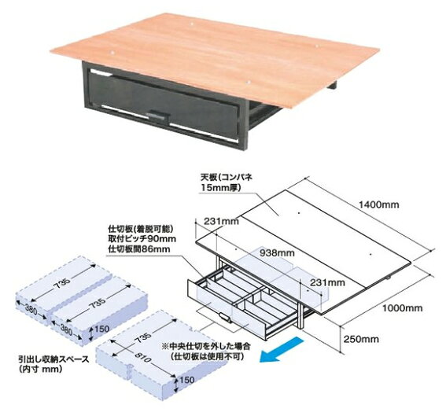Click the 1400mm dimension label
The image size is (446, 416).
click(378, 204)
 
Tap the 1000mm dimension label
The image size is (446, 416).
click(402, 308)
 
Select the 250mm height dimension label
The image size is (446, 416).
click(361, 339)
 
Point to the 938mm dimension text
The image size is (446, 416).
click(277, 252)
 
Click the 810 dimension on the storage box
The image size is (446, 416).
click(142, 357)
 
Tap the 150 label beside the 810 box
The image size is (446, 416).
click(187, 380)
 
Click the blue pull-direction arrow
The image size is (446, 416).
click(281, 350)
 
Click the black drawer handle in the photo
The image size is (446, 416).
click(158, 114)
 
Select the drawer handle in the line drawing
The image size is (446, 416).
click(225, 318)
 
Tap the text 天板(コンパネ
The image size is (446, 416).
click(227, 178)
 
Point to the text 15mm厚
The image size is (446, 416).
click(221, 188)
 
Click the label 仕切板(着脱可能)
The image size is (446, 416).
click(141, 229)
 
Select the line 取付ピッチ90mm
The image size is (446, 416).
click(142, 238)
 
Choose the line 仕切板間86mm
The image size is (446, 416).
click(139, 248)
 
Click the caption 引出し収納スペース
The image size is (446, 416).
click(53, 359)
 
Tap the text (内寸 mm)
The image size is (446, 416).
click(40, 369)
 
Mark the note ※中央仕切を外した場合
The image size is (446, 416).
click(206, 347)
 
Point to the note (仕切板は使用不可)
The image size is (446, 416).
click(208, 356)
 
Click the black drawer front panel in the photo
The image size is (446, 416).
click(163, 105)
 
